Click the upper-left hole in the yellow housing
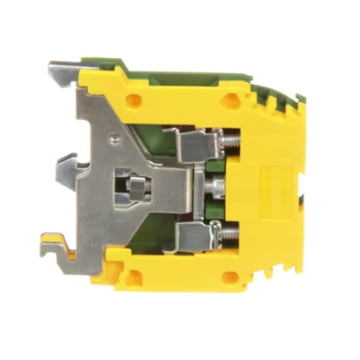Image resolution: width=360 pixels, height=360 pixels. (136, 102)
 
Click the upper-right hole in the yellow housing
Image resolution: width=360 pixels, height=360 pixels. (236, 102)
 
